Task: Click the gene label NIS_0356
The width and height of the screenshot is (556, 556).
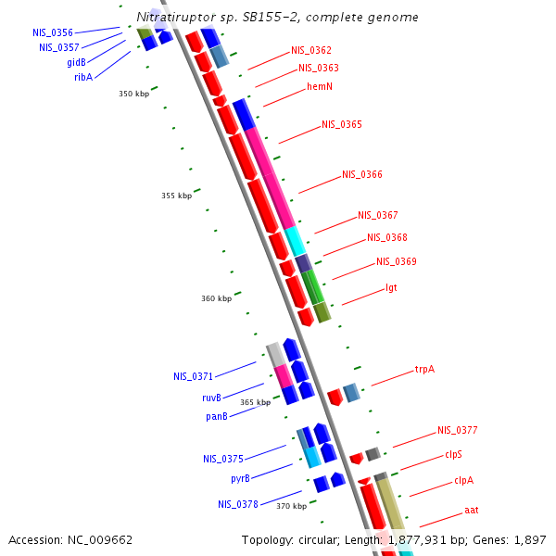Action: [x=53, y=32]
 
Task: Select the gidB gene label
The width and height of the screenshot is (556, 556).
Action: [x=76, y=63]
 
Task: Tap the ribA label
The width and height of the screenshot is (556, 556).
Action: [x=83, y=78]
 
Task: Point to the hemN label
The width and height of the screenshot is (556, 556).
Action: [x=320, y=87]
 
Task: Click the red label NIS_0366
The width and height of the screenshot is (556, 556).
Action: [x=362, y=174]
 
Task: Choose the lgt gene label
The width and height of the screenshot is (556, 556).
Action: [x=391, y=288]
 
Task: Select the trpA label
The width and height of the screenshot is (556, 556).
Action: [x=424, y=369]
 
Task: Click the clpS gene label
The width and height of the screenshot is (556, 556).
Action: [x=453, y=454]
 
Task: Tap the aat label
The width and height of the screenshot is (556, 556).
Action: [x=472, y=511]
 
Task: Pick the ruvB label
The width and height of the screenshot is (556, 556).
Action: [x=211, y=398]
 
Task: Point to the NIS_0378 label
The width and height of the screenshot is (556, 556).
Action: [x=238, y=504]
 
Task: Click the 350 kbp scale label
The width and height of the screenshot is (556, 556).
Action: [x=133, y=94]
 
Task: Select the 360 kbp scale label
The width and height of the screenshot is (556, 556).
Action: [x=216, y=298]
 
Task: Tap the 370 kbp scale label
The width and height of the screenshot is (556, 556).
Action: [x=291, y=506]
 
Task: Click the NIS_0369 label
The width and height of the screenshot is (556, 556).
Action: [x=397, y=261]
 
